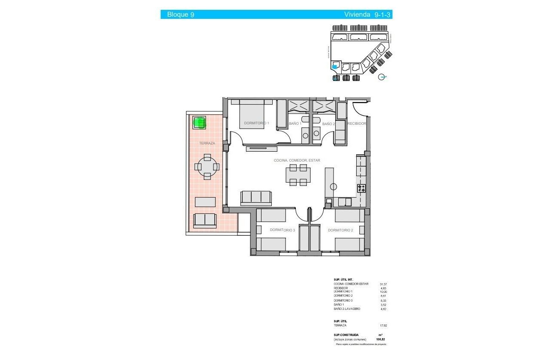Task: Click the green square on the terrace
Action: (199, 123)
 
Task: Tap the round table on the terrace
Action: (207, 166)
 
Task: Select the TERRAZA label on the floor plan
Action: (207, 143)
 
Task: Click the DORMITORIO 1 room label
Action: (256, 123)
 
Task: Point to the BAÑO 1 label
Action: (295, 124)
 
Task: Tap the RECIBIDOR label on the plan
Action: (357, 123)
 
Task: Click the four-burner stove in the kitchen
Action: (361, 188)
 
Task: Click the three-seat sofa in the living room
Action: (256, 197)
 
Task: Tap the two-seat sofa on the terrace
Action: (205, 220)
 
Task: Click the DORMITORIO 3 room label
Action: (282, 230)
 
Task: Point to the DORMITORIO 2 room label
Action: (340, 230)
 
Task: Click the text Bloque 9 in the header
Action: (180, 15)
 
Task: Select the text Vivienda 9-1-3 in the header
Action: (368, 15)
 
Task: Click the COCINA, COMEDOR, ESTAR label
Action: (297, 160)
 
